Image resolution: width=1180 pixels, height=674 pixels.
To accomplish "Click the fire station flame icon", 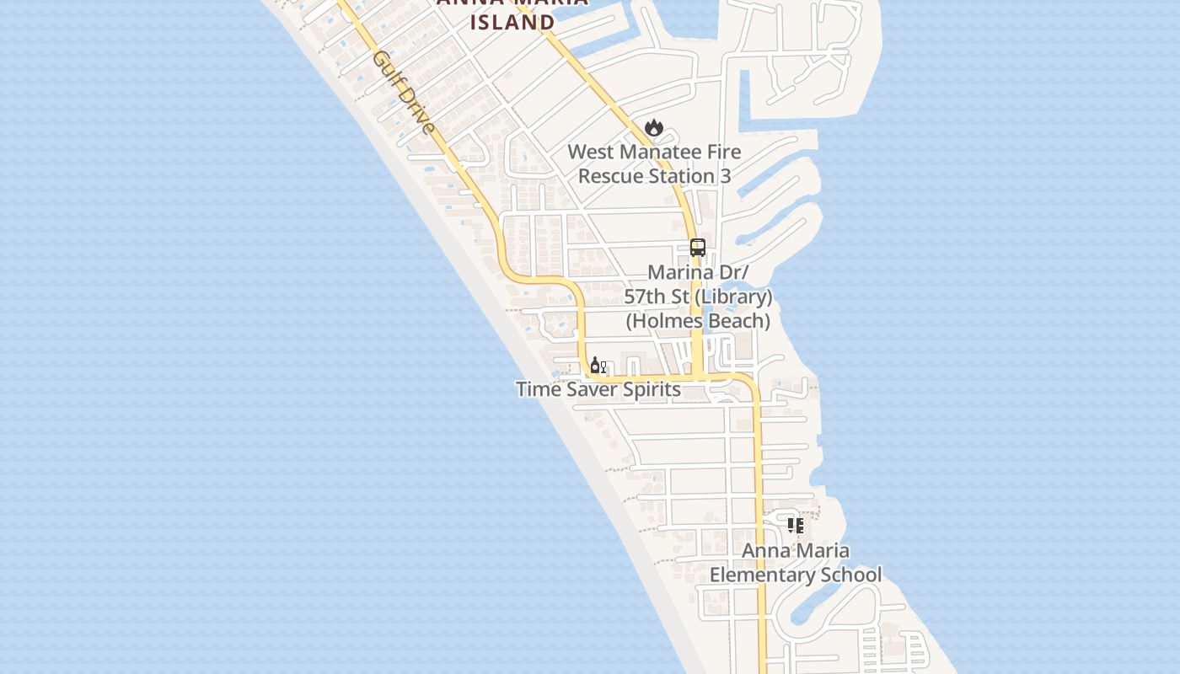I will pos(654,128).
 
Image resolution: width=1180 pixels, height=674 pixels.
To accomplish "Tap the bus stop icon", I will pos(698,248).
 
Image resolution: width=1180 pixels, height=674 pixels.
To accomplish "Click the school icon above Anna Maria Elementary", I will pos(795,526).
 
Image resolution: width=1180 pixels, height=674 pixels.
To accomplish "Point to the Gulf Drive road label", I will pos(405,93).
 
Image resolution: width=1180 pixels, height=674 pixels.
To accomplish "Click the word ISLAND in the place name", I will pos(512,23).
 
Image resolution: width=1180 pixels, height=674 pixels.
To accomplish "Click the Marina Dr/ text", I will pos(698,273).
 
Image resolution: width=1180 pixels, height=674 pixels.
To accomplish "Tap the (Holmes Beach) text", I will pos(698,321).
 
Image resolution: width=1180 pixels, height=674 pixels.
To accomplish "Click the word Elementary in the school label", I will pos(760,575).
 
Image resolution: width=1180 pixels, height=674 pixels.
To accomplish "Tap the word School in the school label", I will pos(849,575).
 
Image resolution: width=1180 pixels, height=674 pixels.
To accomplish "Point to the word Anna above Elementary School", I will pos(763,551).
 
